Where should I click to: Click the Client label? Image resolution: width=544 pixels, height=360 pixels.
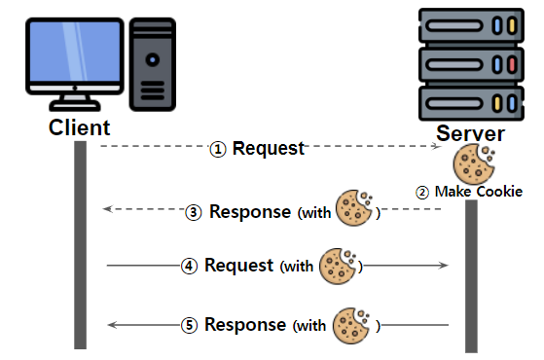coord(79,127)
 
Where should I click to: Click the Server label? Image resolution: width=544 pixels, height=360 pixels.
coord(470,133)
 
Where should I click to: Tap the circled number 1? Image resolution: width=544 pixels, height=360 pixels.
coord(218,150)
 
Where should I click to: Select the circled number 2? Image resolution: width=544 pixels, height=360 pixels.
coord(422,193)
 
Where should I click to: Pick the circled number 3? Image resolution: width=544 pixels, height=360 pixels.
coord(194,212)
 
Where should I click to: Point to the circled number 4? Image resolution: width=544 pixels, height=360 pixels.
coord(189,266)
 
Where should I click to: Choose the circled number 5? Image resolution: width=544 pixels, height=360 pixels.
coord(190,325)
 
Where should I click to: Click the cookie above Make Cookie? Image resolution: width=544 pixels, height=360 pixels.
coord(474,163)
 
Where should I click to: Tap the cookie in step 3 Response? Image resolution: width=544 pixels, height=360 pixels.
coord(354,208)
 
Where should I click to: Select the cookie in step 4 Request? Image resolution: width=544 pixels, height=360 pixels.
coord(338,267)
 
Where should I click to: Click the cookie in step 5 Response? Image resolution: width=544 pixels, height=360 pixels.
coord(351,326)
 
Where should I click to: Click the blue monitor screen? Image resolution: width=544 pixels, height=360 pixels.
coord(75,52)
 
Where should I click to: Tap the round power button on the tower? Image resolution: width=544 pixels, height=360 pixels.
coord(153,59)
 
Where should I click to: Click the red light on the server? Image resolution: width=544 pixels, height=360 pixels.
coord(512,64)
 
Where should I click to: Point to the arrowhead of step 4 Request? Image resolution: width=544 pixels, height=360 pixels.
coord(444,266)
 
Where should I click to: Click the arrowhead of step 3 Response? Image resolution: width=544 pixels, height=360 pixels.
coord(108,209)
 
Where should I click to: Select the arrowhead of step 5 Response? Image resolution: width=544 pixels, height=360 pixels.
coord(113,325)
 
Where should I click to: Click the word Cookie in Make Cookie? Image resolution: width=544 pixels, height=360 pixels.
coord(499,192)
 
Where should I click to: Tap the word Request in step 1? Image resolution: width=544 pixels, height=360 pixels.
coord(269,149)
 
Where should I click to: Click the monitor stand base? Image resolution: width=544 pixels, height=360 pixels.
coord(75,105)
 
